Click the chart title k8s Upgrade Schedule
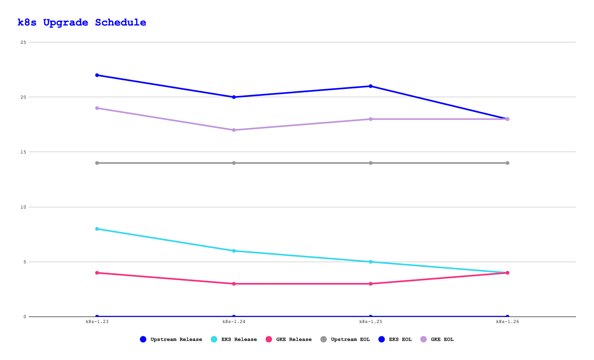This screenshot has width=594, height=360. coord(82,23)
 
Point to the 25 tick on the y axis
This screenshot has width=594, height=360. coord(23,42)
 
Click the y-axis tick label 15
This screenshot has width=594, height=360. coord(23,152)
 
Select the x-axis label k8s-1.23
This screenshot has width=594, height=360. coord(97,322)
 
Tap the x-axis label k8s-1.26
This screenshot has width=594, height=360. coord(507,322)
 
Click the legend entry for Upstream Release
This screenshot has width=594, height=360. coord(171,339)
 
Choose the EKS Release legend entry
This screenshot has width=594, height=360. coord(234,339)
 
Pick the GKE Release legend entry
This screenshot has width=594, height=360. coord(289,339)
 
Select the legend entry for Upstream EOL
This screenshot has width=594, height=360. coord(345,339)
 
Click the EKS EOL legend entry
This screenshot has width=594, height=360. coord(395,339)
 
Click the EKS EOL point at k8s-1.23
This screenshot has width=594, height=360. coord(97,75)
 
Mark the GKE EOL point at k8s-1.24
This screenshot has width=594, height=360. coord(234,130)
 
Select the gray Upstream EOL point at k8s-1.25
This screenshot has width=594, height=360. coord(371,163)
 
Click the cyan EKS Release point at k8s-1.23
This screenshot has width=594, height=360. coord(97,229)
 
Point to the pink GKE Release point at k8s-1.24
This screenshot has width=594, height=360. coord(234,284)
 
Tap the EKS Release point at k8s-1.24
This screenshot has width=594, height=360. coord(234,251)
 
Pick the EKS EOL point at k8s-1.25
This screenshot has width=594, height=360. coord(371,86)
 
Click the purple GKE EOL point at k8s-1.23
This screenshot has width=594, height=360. coord(97,108)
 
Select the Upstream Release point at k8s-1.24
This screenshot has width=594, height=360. coord(234,317)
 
